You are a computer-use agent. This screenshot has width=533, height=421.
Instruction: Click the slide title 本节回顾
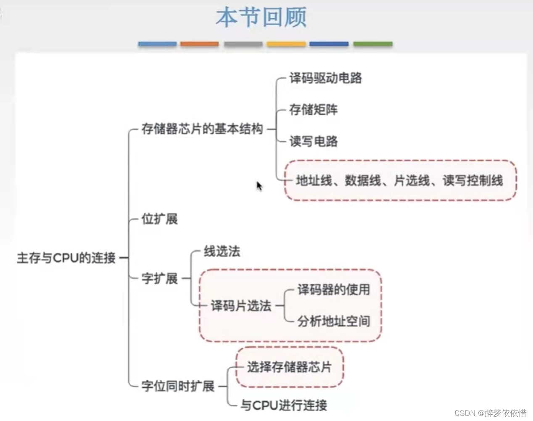coord(261,18)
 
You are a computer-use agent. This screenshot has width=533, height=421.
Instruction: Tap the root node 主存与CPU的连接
coord(66,258)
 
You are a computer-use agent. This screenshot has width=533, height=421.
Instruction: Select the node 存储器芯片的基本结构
coord(202,129)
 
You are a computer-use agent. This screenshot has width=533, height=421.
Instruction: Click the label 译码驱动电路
coord(325,78)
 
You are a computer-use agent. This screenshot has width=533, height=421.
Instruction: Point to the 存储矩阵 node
coord(313,110)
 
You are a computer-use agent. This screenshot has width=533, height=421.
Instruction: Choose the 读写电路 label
coord(313,141)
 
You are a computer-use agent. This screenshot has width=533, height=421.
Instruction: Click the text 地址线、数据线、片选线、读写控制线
coord(399,181)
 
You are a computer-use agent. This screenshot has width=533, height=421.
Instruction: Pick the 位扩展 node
coord(159,219)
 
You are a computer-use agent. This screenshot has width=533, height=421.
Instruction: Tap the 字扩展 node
coord(159,278)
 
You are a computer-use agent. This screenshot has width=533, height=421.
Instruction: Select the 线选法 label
coord(222,252)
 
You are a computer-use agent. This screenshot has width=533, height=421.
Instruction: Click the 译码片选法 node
coord(241,306)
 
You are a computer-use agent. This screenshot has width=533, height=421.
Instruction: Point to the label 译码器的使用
coord(334,289)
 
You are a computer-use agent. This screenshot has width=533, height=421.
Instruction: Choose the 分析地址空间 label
coord(334,321)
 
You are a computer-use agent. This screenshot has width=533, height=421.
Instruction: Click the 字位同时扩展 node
coord(178,386)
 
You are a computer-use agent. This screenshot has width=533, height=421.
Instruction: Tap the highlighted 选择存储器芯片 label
coord(289,367)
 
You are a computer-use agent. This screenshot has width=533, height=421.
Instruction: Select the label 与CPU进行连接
coord(283,405)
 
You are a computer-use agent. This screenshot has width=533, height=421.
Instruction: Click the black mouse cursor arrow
coord(259,186)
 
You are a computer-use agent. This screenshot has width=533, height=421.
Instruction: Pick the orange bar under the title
coord(199,44)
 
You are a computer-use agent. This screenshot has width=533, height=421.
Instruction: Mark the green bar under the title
coord(372,44)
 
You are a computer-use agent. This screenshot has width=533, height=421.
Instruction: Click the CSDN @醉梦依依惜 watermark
coord(490,413)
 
